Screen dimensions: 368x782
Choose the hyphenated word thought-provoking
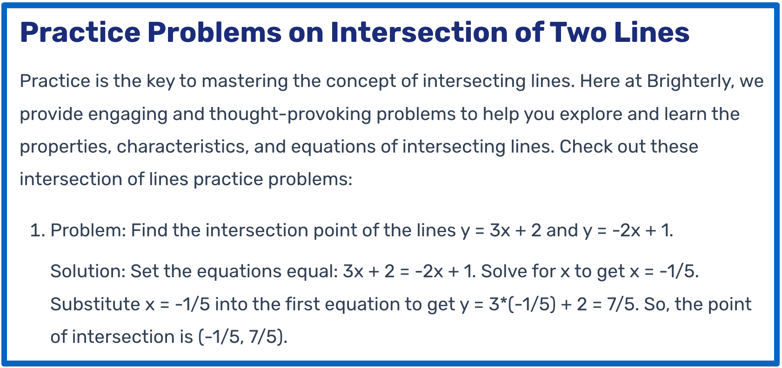tap(290, 114)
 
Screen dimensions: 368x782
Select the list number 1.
tap(36, 231)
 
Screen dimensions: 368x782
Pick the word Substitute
tap(95, 305)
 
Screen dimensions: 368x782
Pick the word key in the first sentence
tap(160, 81)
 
